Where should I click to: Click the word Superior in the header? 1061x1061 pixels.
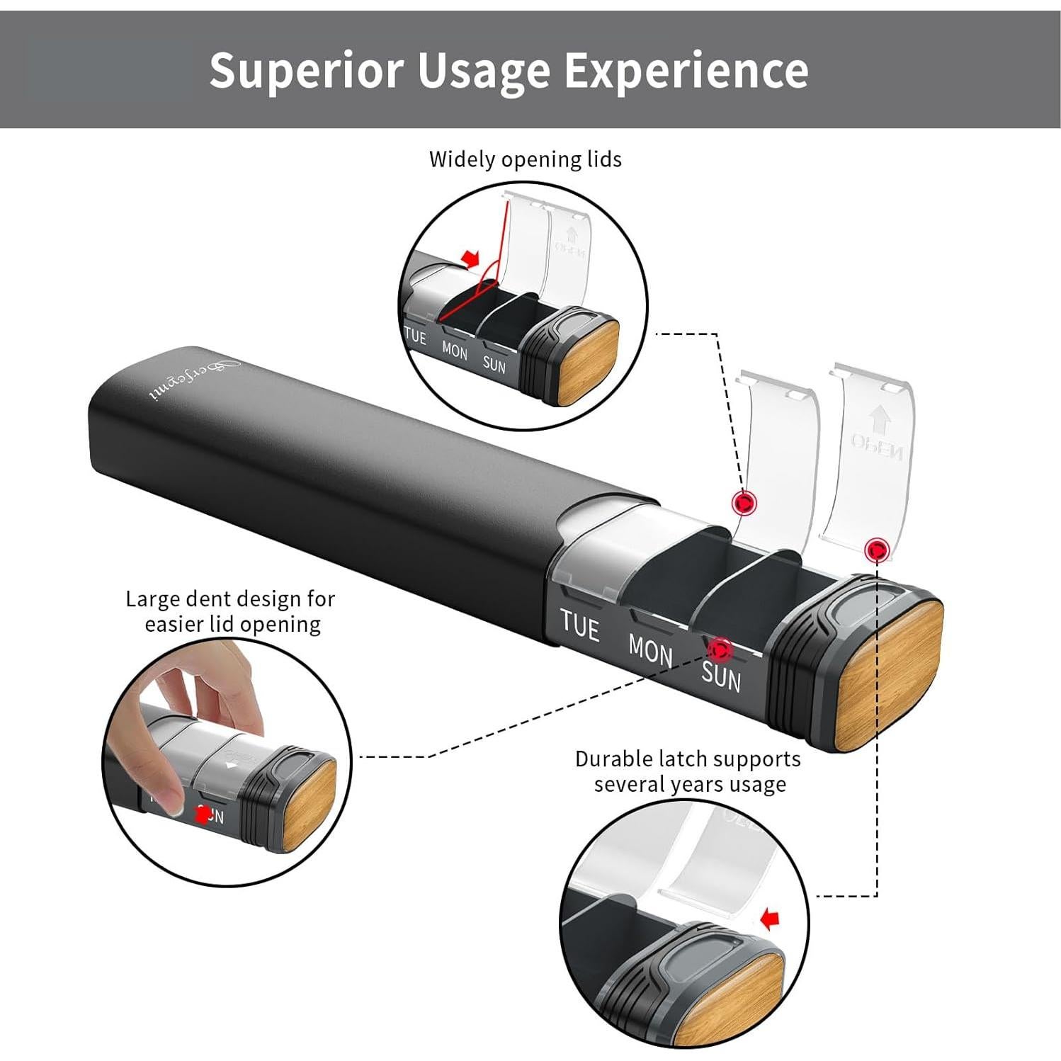click(305, 70)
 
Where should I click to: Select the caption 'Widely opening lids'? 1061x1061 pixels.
click(525, 159)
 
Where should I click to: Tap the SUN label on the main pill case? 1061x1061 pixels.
click(721, 676)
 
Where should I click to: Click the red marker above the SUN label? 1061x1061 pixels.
click(720, 648)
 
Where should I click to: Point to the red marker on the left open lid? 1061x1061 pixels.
click(744, 503)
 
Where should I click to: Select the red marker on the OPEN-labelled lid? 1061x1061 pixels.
click(877, 549)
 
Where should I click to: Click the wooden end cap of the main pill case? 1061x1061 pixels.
click(889, 676)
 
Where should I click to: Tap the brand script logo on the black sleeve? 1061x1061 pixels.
click(194, 380)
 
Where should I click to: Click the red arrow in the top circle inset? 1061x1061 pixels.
click(469, 258)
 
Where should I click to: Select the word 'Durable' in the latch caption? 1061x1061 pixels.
click(613, 759)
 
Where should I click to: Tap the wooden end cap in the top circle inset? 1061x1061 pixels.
click(588, 362)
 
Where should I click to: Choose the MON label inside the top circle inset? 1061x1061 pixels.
click(454, 351)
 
